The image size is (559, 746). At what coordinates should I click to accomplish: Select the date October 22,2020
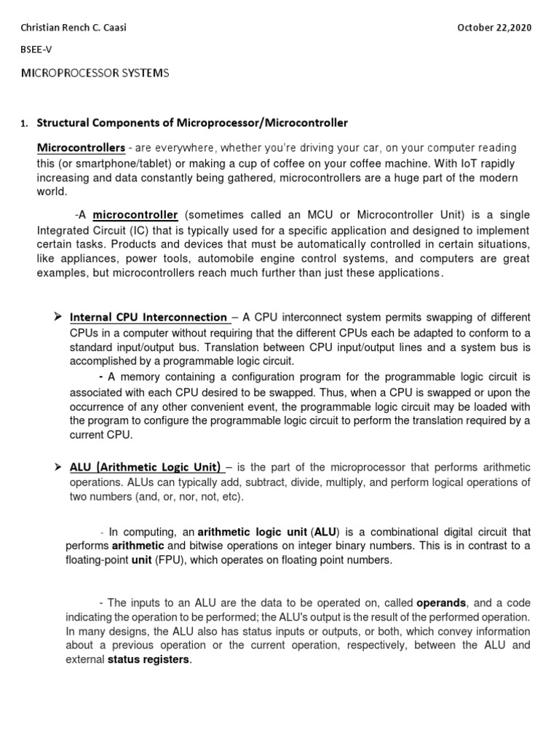coord(494,28)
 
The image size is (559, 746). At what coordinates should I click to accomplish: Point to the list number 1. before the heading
coord(25,123)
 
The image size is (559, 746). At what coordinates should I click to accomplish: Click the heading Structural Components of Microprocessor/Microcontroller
coord(192,122)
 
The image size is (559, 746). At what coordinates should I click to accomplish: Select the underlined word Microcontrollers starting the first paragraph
coord(81,148)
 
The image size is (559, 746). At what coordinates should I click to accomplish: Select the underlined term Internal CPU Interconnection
coord(148,318)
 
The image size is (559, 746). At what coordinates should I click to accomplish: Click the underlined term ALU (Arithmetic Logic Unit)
coord(145,467)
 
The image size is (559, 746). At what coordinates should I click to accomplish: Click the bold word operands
coord(441,603)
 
